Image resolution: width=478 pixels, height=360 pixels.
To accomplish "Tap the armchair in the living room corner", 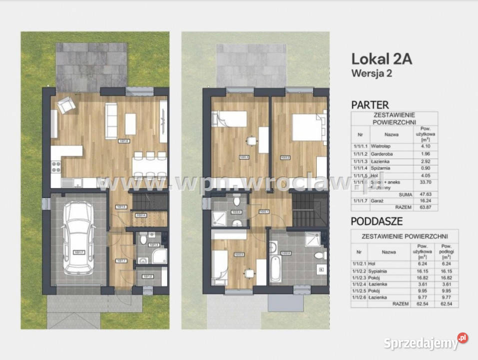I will pos(65,105).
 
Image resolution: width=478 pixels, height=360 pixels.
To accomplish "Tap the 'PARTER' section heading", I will pos(370,105).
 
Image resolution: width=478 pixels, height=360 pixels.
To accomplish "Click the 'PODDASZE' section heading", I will pos(377,220).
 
